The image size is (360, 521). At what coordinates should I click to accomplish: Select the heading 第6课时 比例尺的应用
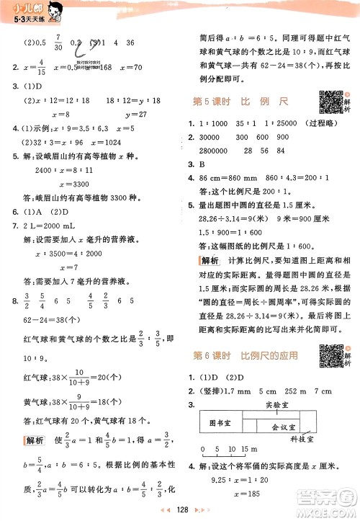tap(248, 355)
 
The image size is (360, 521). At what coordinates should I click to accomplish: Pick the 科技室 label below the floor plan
tap(302, 448)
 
